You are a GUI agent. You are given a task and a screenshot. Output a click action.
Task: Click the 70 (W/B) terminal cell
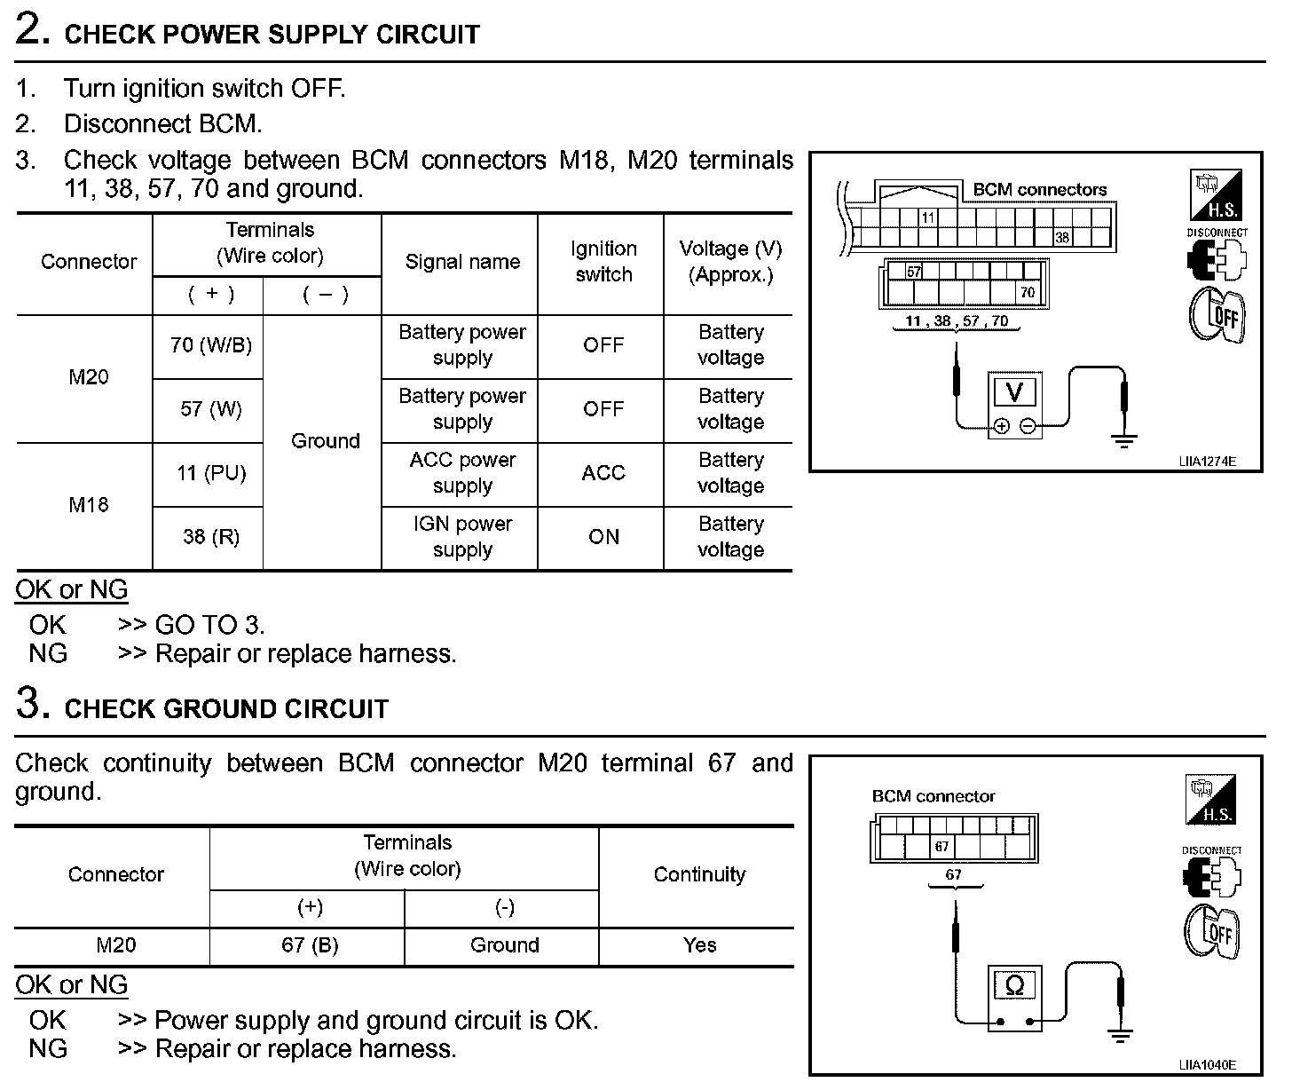click(210, 345)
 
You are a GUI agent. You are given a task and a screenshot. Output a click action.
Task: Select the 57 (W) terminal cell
click(210, 409)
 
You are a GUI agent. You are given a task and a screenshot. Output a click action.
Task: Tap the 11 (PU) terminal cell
click(210, 473)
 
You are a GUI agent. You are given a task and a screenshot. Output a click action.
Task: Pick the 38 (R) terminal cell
click(210, 537)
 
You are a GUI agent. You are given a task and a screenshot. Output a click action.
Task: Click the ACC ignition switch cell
click(603, 473)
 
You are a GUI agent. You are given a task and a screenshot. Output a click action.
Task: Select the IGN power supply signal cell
click(462, 537)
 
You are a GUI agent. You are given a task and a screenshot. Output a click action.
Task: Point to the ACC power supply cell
click(462, 473)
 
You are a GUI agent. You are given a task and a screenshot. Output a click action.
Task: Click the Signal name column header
click(462, 262)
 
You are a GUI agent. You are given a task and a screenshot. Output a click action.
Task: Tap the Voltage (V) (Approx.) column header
click(730, 262)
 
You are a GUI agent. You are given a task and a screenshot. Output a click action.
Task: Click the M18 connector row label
click(89, 505)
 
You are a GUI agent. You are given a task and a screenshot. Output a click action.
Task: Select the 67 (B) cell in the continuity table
click(310, 945)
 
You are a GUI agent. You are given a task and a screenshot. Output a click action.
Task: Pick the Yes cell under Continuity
click(699, 945)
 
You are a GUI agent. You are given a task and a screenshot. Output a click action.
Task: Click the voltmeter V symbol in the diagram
click(1014, 392)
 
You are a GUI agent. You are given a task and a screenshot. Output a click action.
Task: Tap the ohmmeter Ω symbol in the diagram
click(1014, 985)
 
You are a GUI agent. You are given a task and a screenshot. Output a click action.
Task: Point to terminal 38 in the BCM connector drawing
click(1061, 238)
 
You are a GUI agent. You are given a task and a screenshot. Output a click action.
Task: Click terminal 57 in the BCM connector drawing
click(914, 272)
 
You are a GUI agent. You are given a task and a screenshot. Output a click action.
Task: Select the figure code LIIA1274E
click(1207, 462)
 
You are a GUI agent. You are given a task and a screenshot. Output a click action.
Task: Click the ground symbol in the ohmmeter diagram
click(1121, 1035)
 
